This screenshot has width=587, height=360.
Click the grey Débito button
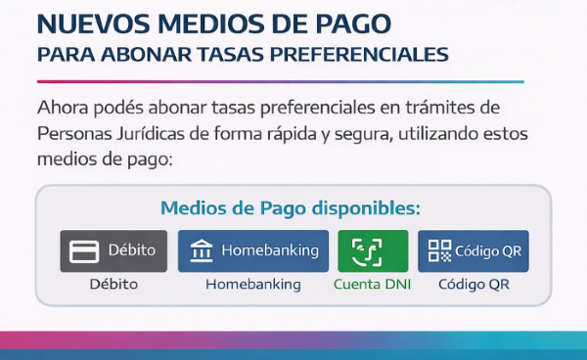tap(113, 250)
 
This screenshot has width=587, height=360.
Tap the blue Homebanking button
tap(253, 250)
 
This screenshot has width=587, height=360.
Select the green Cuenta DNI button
tap(373, 250)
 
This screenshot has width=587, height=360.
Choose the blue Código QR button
tap(474, 250)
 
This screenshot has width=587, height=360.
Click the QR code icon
tap(438, 251)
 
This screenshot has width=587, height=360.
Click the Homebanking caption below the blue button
tap(252, 285)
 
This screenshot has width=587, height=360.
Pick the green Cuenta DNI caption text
tap(373, 285)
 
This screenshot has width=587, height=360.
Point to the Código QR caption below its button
tap(474, 285)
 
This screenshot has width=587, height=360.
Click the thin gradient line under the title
tap(280, 81)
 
